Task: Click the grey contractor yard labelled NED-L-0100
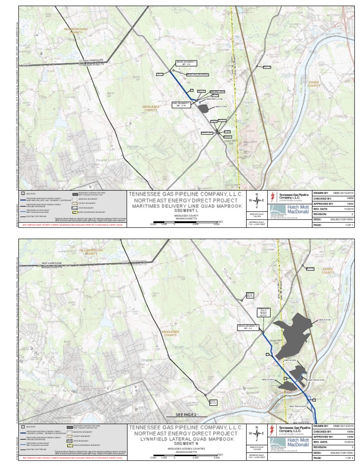tap(203, 109)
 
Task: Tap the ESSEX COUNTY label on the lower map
tap(327, 271)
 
